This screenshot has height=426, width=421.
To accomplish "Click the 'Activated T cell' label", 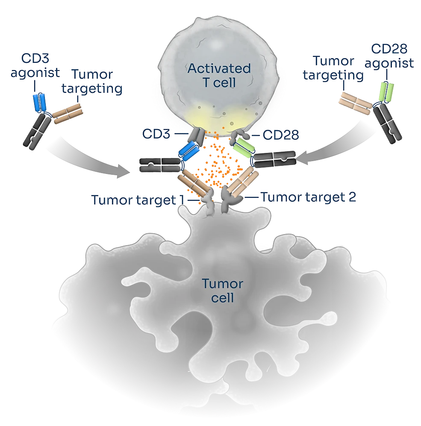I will pyautogui.click(x=219, y=75).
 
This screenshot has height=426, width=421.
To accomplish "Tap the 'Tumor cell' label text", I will pyautogui.click(x=222, y=291).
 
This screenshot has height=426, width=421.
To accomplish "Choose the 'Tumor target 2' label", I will pyautogui.click(x=308, y=197).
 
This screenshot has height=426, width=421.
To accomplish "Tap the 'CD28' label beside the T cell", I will pyautogui.click(x=281, y=135).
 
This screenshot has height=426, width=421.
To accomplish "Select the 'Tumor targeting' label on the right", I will pyautogui.click(x=339, y=68).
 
